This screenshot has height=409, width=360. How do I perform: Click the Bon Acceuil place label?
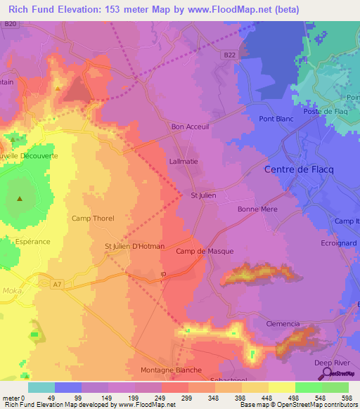[x=190, y=127]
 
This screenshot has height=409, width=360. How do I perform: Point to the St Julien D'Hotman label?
[x=134, y=247]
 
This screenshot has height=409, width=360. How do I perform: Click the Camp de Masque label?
[x=205, y=251]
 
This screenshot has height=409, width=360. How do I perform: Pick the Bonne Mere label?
[x=257, y=209]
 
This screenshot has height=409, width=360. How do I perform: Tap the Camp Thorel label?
[x=93, y=219]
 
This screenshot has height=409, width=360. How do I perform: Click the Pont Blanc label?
[x=276, y=119]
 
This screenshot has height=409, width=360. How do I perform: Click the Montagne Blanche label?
[x=172, y=370]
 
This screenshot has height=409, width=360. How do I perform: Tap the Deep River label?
[x=330, y=363]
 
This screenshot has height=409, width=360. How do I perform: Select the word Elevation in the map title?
[x=77, y=10]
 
